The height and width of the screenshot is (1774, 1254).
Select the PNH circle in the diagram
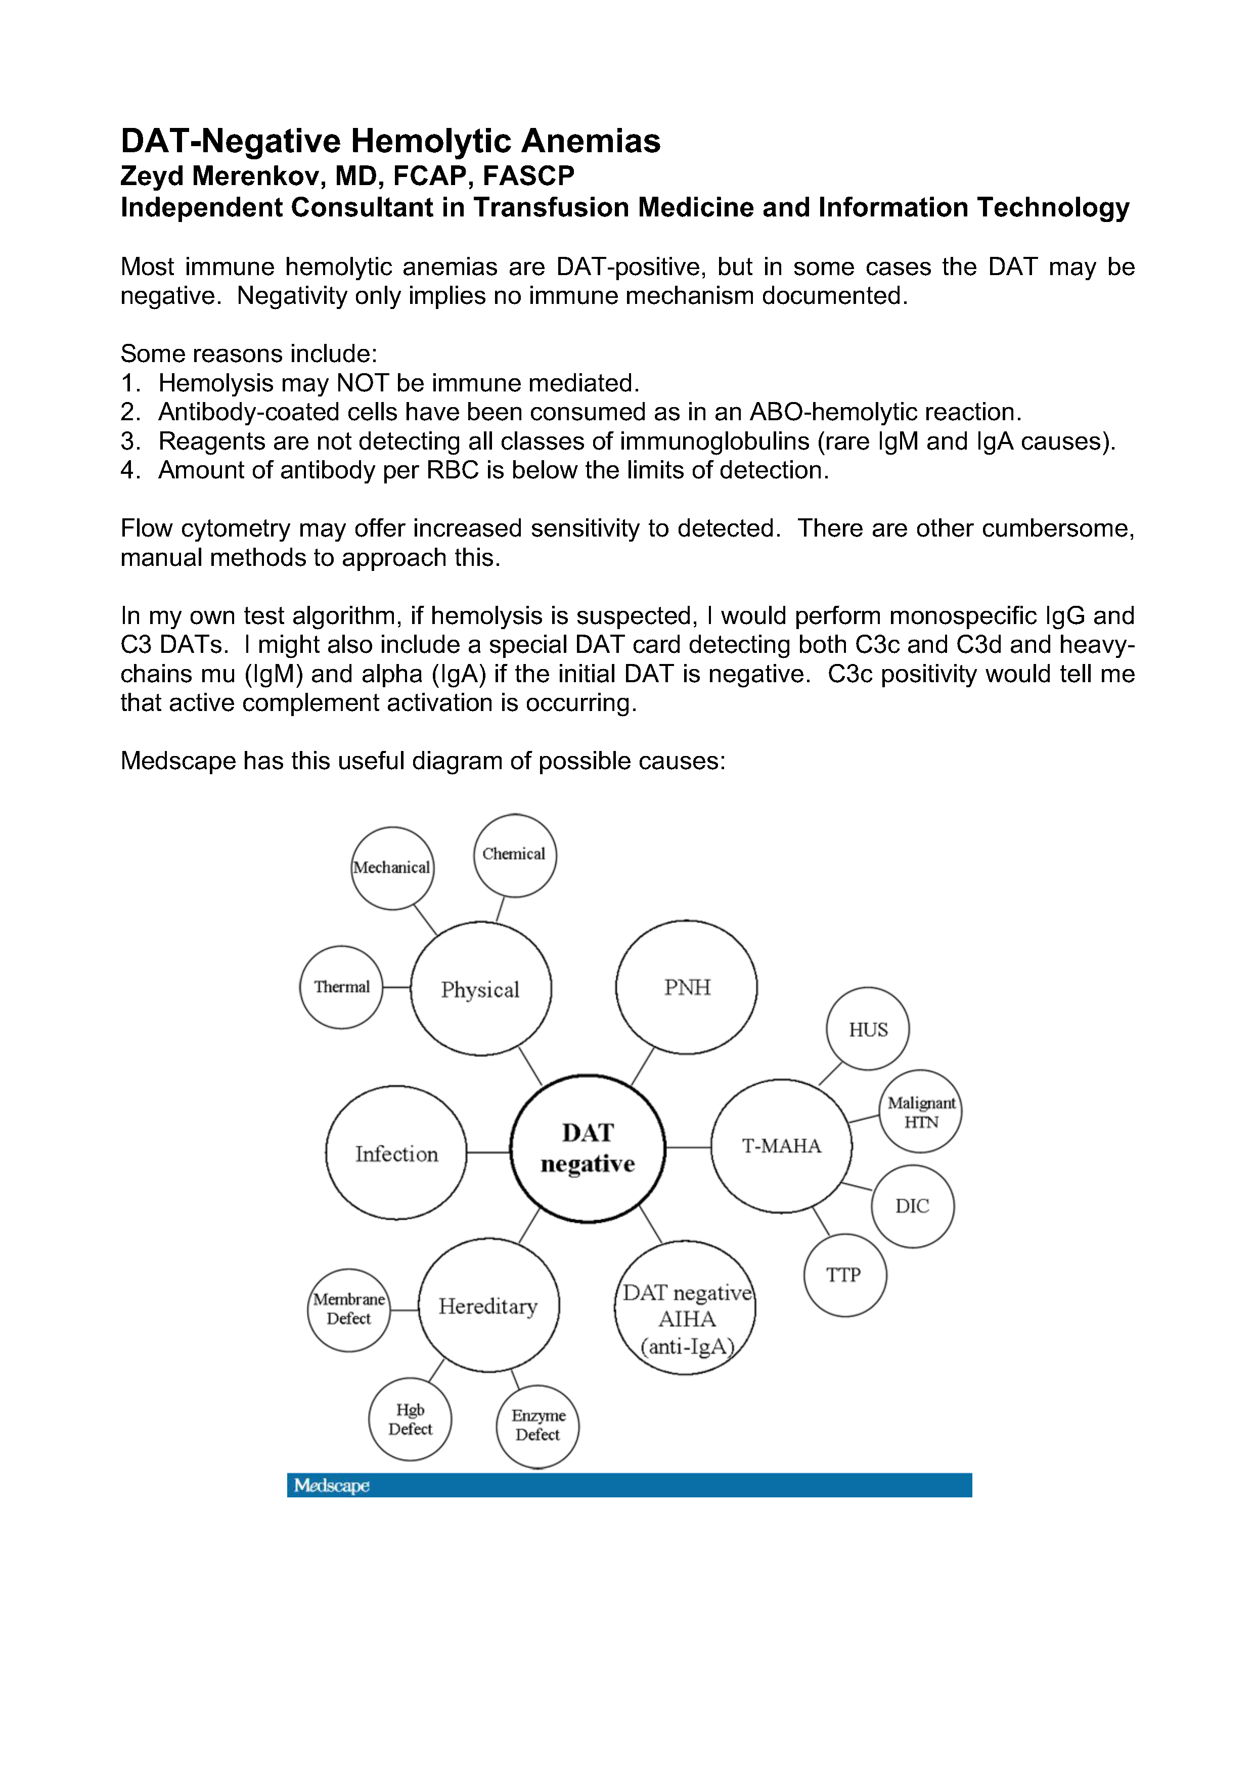click(x=686, y=988)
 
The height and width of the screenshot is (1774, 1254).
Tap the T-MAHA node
click(x=781, y=1146)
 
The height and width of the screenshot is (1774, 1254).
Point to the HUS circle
click(x=868, y=1029)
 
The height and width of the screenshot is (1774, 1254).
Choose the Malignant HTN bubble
click(x=920, y=1112)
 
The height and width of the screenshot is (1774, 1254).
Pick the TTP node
click(x=844, y=1275)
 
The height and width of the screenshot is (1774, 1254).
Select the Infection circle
click(x=396, y=1154)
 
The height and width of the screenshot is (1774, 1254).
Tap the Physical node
click(x=480, y=989)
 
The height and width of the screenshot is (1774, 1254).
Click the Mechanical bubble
click(x=392, y=868)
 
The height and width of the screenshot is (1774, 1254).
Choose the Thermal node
click(x=341, y=988)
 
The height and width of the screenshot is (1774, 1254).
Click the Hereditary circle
click(x=488, y=1306)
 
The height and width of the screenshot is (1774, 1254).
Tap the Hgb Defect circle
click(x=410, y=1420)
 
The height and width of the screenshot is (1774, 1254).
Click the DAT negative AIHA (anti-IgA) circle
click(x=685, y=1318)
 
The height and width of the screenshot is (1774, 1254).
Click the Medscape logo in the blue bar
click(x=332, y=1485)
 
